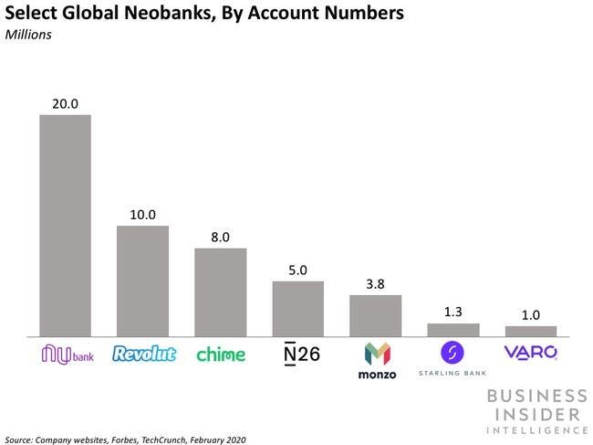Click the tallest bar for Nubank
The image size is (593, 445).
click(64, 225)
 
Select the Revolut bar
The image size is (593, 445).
click(142, 280)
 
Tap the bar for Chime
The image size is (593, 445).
click(220, 291)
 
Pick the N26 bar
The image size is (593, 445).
click(298, 308)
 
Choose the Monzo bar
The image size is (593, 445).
click(376, 314)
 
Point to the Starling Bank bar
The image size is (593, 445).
click(453, 329)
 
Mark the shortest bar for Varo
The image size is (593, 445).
click(531, 331)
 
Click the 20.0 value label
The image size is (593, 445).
click(64, 103)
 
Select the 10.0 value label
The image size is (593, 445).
click(142, 215)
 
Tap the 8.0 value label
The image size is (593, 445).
click(220, 237)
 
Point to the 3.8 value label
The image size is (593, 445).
click(376, 284)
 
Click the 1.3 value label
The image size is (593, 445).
click(453, 313)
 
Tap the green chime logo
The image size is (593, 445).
click(220, 354)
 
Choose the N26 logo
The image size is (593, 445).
click(298, 354)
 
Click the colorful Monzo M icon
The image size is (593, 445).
click(376, 354)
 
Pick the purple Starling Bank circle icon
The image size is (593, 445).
click(453, 352)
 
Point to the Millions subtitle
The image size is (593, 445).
click(32, 37)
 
